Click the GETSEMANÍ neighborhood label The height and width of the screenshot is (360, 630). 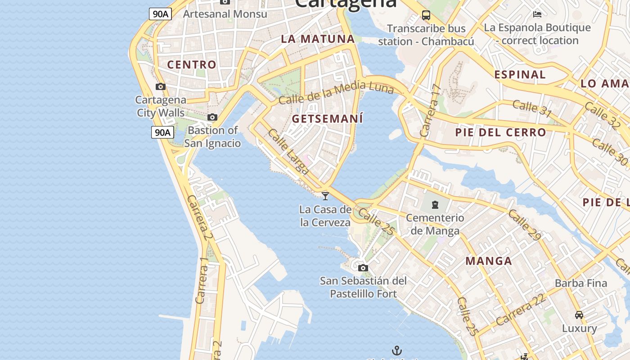point(327,119)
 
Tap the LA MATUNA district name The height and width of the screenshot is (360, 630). point(318,39)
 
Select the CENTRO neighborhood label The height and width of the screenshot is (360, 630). point(192,64)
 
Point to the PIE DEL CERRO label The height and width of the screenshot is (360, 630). point(500,132)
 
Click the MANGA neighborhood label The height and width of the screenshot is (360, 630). point(489,261)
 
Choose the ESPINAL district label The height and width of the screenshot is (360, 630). point(520,74)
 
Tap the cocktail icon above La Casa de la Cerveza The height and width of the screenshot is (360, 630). point(325,196)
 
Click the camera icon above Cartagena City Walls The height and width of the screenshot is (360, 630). point(161,86)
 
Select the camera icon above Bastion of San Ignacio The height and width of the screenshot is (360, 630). point(212,117)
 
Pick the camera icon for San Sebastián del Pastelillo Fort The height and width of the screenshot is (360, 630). point(363,268)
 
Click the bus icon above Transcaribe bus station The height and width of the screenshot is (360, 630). point(426,15)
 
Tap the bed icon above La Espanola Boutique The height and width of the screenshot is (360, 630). point(537,14)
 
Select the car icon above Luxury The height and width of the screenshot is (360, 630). point(579,315)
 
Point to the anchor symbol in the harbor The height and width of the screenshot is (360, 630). point(396,350)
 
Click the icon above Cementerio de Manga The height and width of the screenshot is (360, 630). point(435,205)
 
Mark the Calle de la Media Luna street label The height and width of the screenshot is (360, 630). point(336,94)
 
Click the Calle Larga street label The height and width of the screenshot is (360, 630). point(288,152)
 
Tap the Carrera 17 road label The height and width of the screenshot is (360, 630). point(430,111)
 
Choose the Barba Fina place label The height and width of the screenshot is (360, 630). point(581,283)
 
